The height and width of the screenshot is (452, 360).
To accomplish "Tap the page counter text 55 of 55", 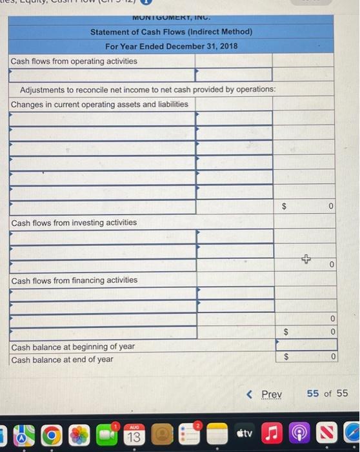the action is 326,393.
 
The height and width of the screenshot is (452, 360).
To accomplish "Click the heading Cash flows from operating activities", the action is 74,61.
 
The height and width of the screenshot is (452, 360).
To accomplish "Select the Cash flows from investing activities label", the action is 74,222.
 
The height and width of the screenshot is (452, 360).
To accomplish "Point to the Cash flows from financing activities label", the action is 74,280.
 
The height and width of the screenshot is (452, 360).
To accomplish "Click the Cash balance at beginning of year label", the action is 73,346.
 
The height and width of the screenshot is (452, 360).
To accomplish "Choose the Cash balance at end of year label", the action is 62,360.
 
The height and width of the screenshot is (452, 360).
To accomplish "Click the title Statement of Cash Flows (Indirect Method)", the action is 171,32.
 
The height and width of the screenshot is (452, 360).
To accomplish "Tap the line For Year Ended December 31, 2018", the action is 171,46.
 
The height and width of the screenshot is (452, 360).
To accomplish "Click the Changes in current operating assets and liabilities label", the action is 99,104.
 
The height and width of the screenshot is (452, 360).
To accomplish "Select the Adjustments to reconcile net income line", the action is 148,89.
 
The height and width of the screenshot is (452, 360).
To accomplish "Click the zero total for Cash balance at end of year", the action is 330,356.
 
